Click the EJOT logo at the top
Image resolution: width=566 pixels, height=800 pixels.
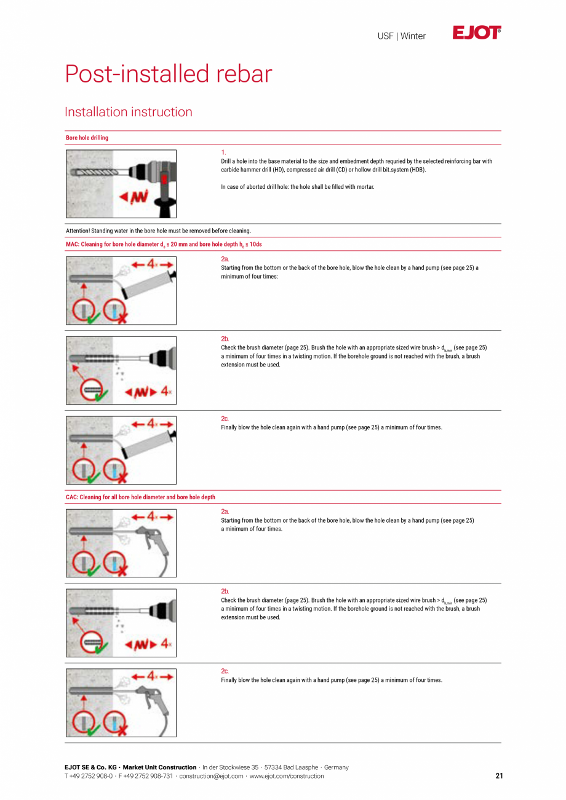coord(477,33)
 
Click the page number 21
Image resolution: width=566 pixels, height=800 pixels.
coord(499,776)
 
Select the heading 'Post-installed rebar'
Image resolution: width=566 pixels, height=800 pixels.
coord(169,74)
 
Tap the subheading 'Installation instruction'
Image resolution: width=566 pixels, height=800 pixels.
coord(129,112)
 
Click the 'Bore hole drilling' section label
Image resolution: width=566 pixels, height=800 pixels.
coord(87,138)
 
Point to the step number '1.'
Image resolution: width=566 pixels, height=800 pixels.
coord(223,152)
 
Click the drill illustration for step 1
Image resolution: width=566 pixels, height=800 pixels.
coord(121,184)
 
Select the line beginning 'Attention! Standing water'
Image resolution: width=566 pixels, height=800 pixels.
coord(158,231)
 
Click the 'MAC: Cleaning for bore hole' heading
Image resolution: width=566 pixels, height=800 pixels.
coord(164,245)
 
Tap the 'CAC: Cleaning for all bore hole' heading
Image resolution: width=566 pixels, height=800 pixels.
coord(140,497)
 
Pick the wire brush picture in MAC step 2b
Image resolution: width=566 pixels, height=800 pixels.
coord(121,370)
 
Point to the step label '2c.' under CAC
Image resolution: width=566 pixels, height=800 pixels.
coord(225,671)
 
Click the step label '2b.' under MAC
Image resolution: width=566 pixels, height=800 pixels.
coord(225,339)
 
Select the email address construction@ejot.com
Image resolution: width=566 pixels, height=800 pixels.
coord(211,776)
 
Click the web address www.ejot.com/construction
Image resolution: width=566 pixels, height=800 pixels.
coord(287,776)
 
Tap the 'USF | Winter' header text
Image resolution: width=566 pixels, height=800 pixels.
coord(401,36)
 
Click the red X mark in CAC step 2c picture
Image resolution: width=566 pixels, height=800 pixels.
coord(122,731)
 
